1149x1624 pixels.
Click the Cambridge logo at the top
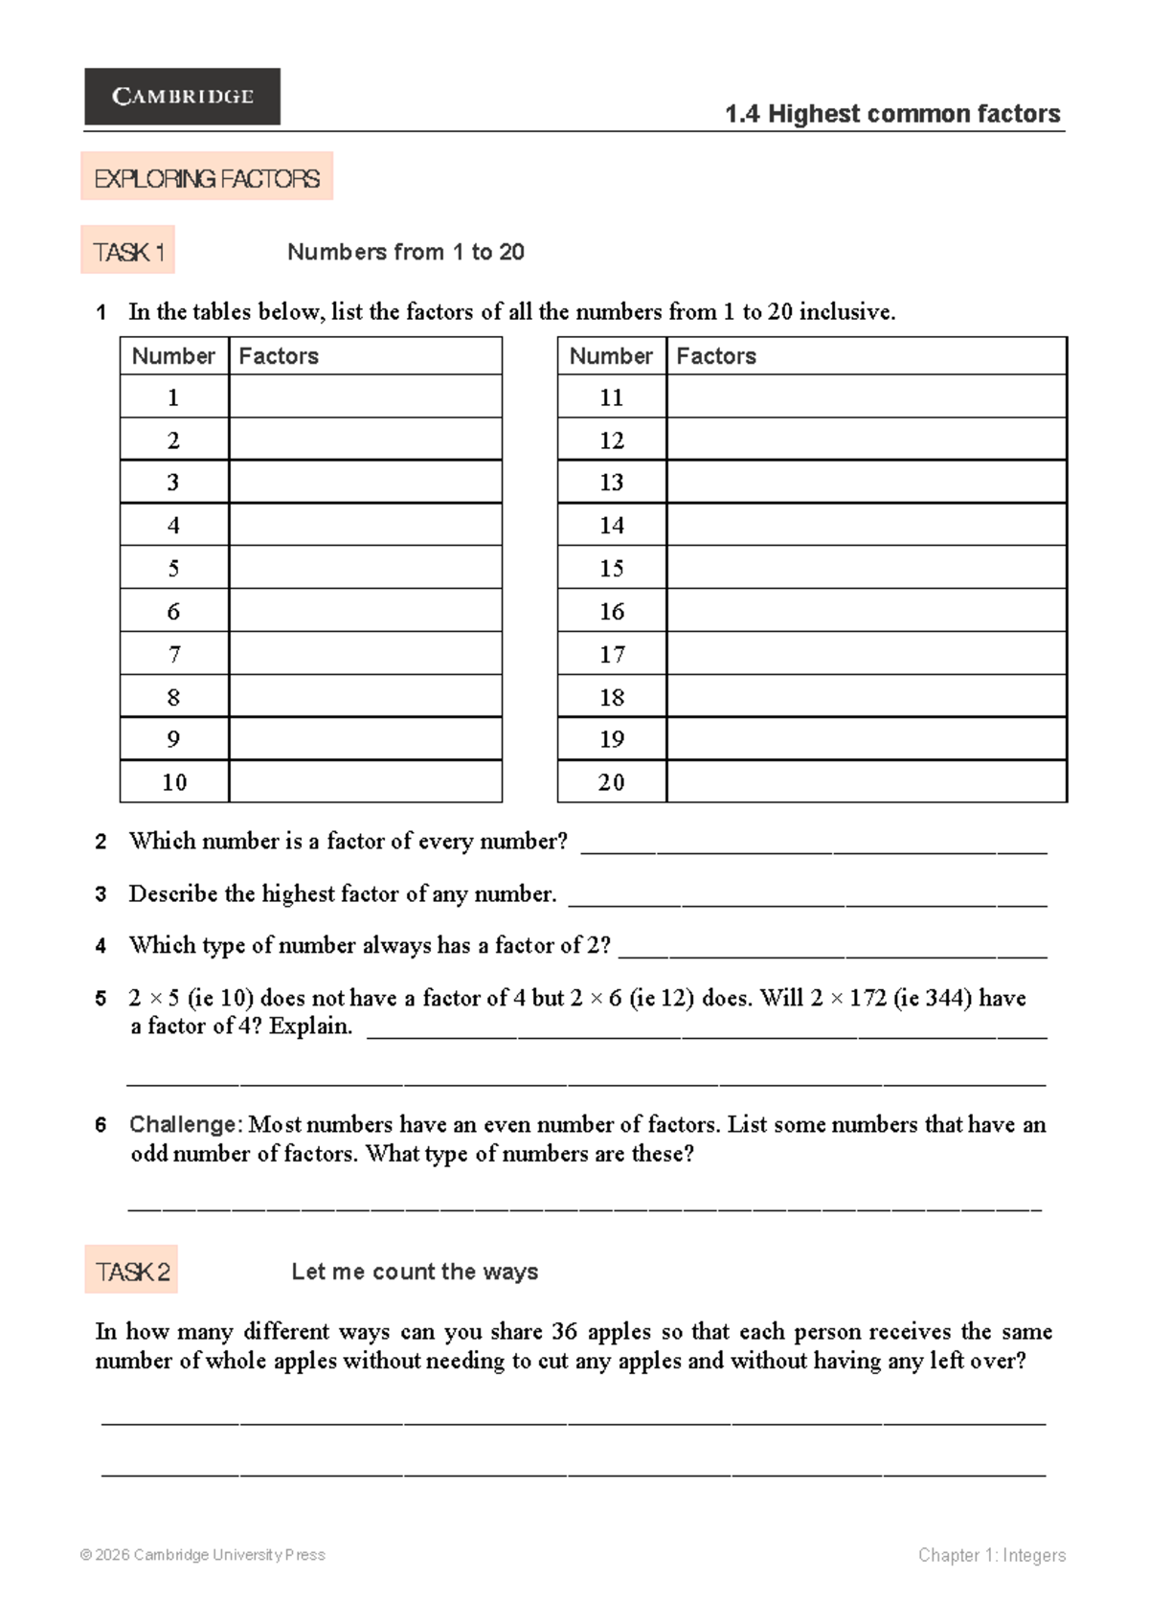[182, 96]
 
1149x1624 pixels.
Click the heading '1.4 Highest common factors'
[891, 114]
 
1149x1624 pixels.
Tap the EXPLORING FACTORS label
[207, 178]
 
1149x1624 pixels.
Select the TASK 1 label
[128, 252]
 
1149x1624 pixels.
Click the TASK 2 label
[132, 1271]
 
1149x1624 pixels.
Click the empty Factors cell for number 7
[365, 654]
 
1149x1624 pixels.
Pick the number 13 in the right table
[611, 483]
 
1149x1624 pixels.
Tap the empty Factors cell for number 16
[866, 611]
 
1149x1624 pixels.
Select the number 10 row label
[174, 782]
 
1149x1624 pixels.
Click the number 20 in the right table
[611, 782]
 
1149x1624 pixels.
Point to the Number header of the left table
[173, 356]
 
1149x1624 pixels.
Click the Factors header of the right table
[716, 356]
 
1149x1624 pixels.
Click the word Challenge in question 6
[184, 1124]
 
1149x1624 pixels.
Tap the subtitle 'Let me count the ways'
[415, 1272]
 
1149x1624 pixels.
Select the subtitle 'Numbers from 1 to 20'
[406, 252]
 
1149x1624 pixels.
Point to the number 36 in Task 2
[564, 1331]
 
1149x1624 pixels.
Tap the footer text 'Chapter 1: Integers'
[991, 1555]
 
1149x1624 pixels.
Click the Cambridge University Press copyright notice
[203, 1555]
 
